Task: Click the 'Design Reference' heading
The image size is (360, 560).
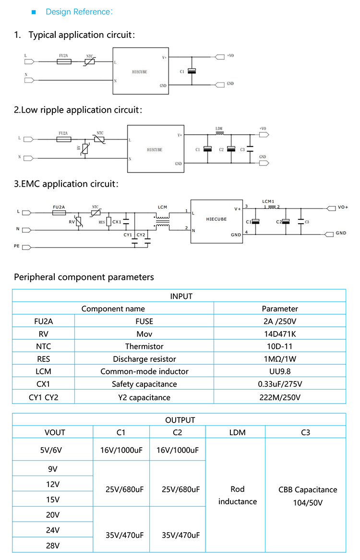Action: click(79, 12)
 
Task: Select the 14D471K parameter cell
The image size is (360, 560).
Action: click(279, 334)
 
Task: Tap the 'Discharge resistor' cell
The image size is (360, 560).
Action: click(144, 359)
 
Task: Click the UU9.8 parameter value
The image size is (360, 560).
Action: click(279, 371)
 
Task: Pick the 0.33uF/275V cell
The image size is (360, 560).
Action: click(279, 384)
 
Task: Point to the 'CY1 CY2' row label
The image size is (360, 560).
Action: click(43, 397)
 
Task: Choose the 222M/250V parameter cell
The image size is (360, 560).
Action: click(279, 397)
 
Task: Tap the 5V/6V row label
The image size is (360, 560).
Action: click(52, 450)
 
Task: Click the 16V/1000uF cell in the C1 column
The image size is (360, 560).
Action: click(121, 450)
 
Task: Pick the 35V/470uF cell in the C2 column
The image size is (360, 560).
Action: click(177, 535)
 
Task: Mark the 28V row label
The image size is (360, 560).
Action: click(52, 546)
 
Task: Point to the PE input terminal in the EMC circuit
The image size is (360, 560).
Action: click(28, 247)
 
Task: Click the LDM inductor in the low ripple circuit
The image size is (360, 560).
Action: click(219, 134)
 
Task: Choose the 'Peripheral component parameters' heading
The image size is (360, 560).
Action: click(84, 277)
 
